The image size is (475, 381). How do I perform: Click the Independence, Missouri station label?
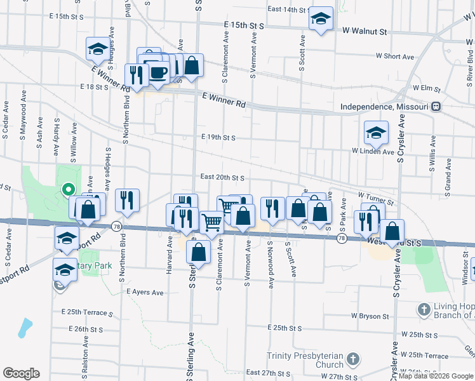pyautogui.click(x=385, y=107)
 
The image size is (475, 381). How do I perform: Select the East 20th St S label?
pyautogui.click(x=222, y=177)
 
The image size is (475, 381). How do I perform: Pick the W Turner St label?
pyautogui.click(x=375, y=199)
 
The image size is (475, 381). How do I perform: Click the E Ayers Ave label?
pyautogui.click(x=145, y=293)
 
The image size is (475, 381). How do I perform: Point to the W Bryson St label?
pyautogui.click(x=368, y=316)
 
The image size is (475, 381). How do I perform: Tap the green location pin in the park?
pyautogui.click(x=67, y=189)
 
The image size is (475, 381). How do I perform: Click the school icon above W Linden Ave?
pyautogui.click(x=376, y=133)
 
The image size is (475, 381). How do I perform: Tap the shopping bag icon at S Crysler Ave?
pyautogui.click(x=394, y=231)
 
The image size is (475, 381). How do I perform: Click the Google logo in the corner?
pyautogui.click(x=21, y=373)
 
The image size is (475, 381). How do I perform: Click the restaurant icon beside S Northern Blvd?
pyautogui.click(x=127, y=200)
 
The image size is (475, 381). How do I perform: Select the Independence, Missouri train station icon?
pyautogui.click(x=436, y=107)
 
